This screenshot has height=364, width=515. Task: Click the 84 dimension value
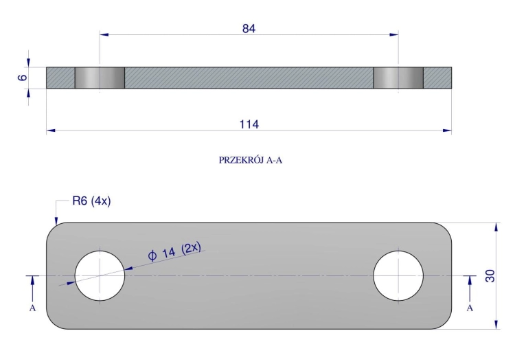tap(249, 29)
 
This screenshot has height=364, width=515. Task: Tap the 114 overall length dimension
tap(249, 124)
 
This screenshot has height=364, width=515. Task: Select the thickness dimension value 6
tap(23, 78)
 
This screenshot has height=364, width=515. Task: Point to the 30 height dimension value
tap(490, 275)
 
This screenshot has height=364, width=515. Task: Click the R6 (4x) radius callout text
tap(91, 201)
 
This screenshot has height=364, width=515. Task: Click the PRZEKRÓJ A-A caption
tap(251, 160)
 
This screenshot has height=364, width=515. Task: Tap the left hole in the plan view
tap(100, 275)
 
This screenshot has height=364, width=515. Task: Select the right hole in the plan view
tap(398, 275)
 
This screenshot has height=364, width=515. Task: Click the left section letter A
tap(32, 308)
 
